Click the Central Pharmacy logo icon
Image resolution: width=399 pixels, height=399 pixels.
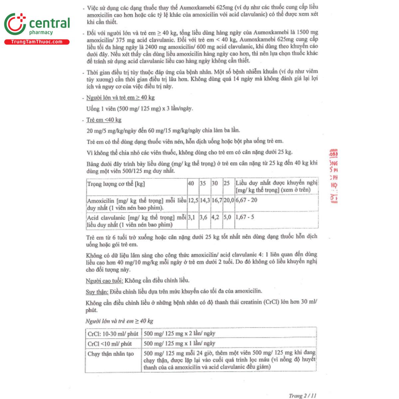coord(15,24)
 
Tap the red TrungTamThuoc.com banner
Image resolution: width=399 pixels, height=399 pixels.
coord(37,42)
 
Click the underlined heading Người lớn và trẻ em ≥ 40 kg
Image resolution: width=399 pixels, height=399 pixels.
coord(120,98)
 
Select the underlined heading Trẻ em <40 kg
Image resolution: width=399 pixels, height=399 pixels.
coord(104,120)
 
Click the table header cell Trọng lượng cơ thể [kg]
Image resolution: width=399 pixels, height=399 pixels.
coord(116,184)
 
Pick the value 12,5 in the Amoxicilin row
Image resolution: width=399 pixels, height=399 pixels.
coord(193,200)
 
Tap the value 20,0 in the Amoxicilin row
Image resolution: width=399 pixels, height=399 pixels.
coord(229,200)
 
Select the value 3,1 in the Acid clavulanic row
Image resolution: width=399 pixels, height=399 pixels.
coord(192,217)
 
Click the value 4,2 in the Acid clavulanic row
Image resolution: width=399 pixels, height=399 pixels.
coord(215,217)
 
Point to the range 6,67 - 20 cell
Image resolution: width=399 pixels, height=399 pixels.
coord(246,200)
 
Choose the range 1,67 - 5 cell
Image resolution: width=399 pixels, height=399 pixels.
coord(245,217)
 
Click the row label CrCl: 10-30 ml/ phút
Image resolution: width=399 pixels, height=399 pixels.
coord(113,334)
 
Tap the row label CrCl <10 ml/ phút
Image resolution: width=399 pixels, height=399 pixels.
coord(110,344)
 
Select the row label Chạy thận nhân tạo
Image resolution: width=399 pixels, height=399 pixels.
coord(111,354)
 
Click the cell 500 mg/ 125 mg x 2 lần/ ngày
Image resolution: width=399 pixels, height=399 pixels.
coord(180,333)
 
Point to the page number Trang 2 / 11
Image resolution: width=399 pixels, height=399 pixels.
coord(303,396)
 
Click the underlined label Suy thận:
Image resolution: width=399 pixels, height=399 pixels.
coord(97,292)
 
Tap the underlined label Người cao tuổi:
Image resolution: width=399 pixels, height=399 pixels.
coord(104,281)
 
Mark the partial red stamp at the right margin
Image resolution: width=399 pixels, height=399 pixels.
coord(333,176)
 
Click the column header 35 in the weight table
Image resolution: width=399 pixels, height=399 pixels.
coord(203,184)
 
